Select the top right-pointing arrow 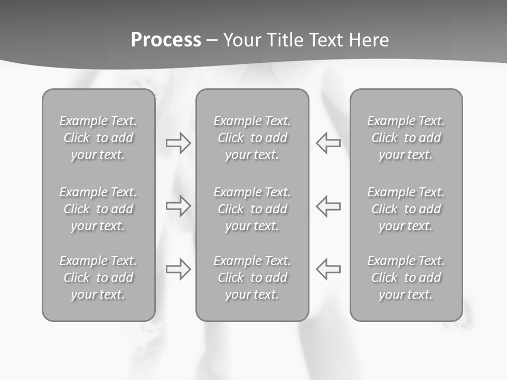[x=179, y=143]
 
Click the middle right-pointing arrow [x=179, y=205]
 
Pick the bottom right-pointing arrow [x=179, y=269]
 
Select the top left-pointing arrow [x=328, y=143]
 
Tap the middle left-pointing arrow [x=328, y=205]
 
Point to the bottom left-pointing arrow [x=328, y=269]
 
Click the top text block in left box [x=98, y=138]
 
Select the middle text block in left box [x=98, y=209]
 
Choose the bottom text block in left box [x=98, y=278]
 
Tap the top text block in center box [x=252, y=138]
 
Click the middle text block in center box [x=252, y=209]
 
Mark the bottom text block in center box [x=252, y=278]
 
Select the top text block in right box [x=406, y=138]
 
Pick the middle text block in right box [x=406, y=209]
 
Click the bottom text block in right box [x=406, y=278]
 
